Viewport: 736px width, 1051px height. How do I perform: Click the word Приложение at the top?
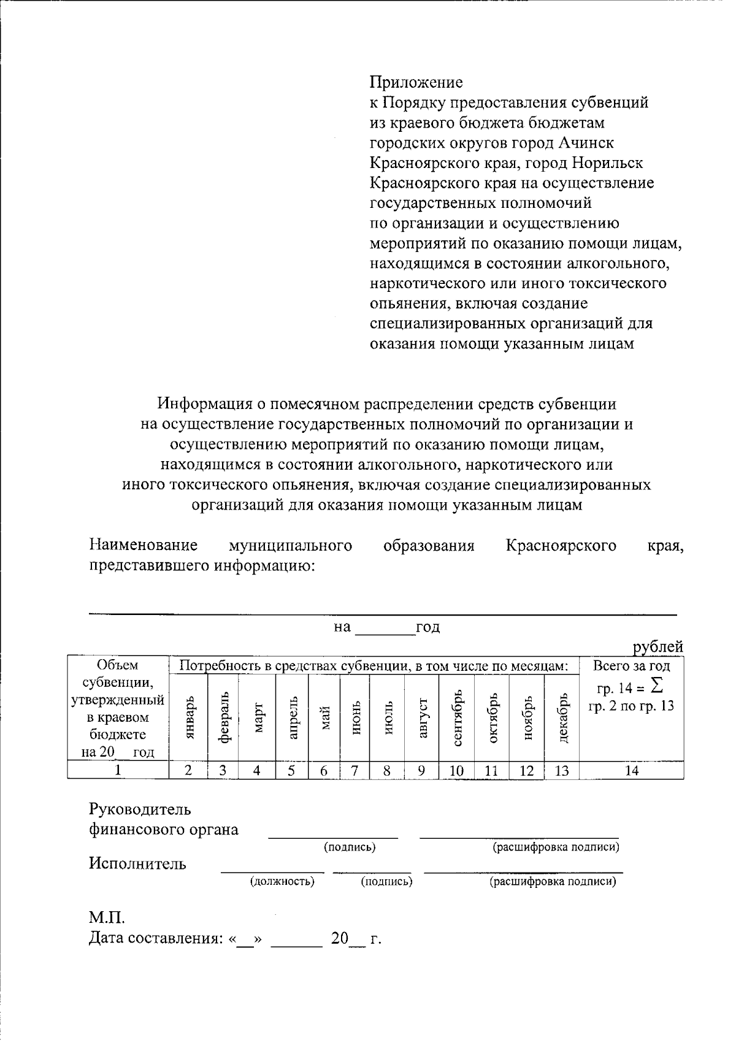(x=416, y=82)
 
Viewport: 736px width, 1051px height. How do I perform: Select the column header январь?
(x=189, y=717)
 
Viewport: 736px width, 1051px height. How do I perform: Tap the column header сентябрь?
(x=456, y=717)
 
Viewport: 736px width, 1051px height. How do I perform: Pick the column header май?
(x=324, y=717)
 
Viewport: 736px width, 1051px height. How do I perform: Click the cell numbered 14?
(x=631, y=771)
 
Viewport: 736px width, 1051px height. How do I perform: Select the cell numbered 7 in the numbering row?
(x=355, y=771)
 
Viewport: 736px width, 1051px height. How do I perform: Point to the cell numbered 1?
(x=118, y=771)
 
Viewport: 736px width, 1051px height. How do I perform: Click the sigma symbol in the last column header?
(x=657, y=685)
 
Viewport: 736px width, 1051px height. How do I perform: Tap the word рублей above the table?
(x=658, y=646)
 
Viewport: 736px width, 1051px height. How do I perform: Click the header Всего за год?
(x=631, y=666)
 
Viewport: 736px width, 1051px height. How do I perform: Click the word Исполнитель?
(x=137, y=864)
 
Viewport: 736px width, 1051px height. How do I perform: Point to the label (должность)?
(x=282, y=882)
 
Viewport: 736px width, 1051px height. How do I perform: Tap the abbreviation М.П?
(x=107, y=918)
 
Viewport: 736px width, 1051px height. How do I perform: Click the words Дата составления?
(x=155, y=939)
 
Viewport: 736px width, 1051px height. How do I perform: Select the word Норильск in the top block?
(x=607, y=163)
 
